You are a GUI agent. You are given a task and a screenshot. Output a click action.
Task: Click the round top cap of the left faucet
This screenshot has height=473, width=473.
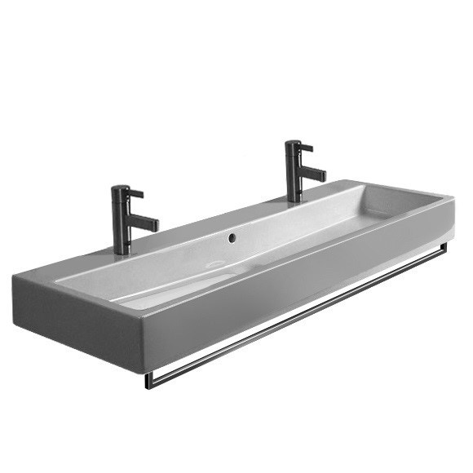[119, 188]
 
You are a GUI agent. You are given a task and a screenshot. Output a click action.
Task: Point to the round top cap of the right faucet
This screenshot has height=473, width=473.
[292, 143]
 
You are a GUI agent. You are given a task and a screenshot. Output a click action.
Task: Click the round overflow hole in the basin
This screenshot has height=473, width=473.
[233, 239]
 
